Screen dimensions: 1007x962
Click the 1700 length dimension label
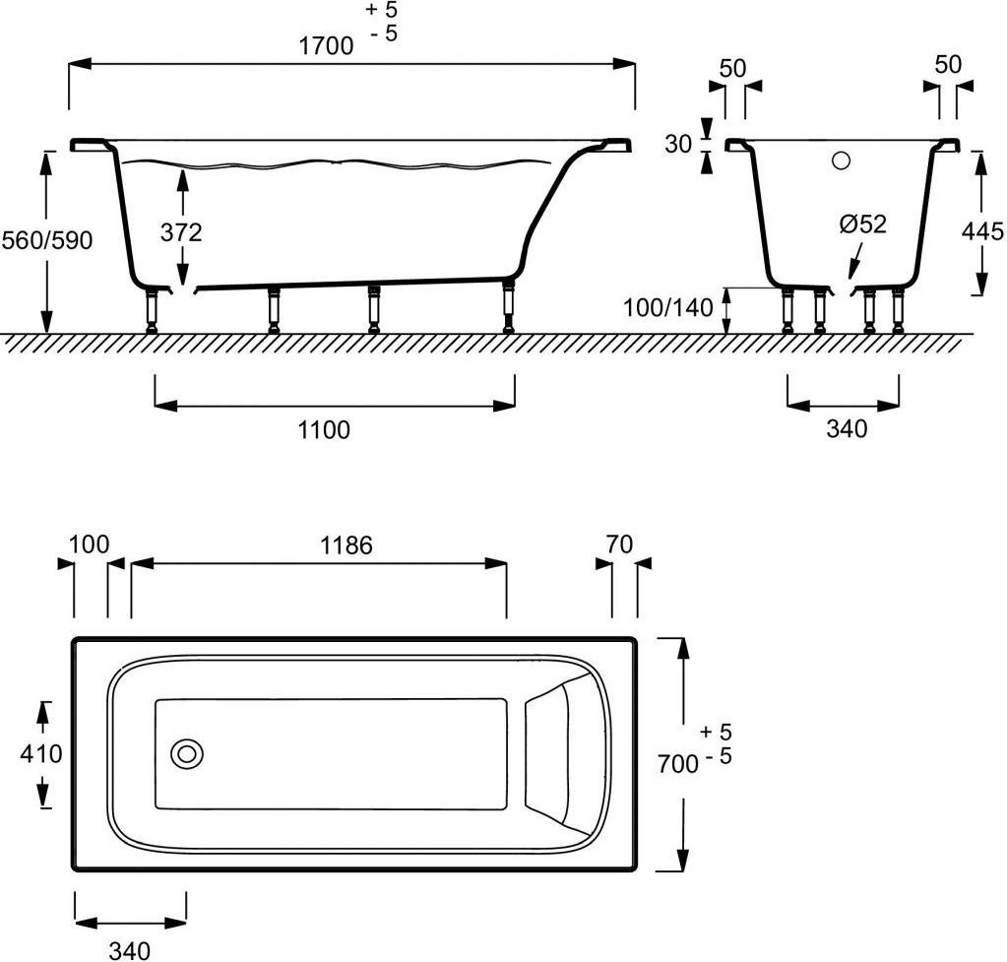point(326,46)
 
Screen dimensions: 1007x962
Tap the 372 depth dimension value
point(181,232)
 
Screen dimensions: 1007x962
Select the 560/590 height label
point(47,240)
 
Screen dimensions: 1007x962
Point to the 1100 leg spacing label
point(324,429)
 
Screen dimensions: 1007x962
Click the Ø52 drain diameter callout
point(863,224)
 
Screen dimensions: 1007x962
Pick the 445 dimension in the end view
point(982,230)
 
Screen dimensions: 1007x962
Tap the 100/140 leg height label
point(668,308)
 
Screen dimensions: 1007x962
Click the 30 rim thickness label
point(678,144)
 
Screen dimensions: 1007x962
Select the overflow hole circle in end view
point(841,160)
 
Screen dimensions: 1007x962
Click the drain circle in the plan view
point(187,753)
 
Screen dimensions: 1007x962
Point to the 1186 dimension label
point(346,545)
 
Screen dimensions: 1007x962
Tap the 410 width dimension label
point(41,753)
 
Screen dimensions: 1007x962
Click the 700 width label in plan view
point(677,764)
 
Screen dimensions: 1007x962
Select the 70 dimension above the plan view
point(619,545)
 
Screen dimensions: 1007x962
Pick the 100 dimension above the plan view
point(89,545)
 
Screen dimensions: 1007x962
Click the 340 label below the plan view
point(130,950)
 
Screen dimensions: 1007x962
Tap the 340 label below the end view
point(847,428)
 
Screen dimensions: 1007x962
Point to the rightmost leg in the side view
point(509,305)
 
